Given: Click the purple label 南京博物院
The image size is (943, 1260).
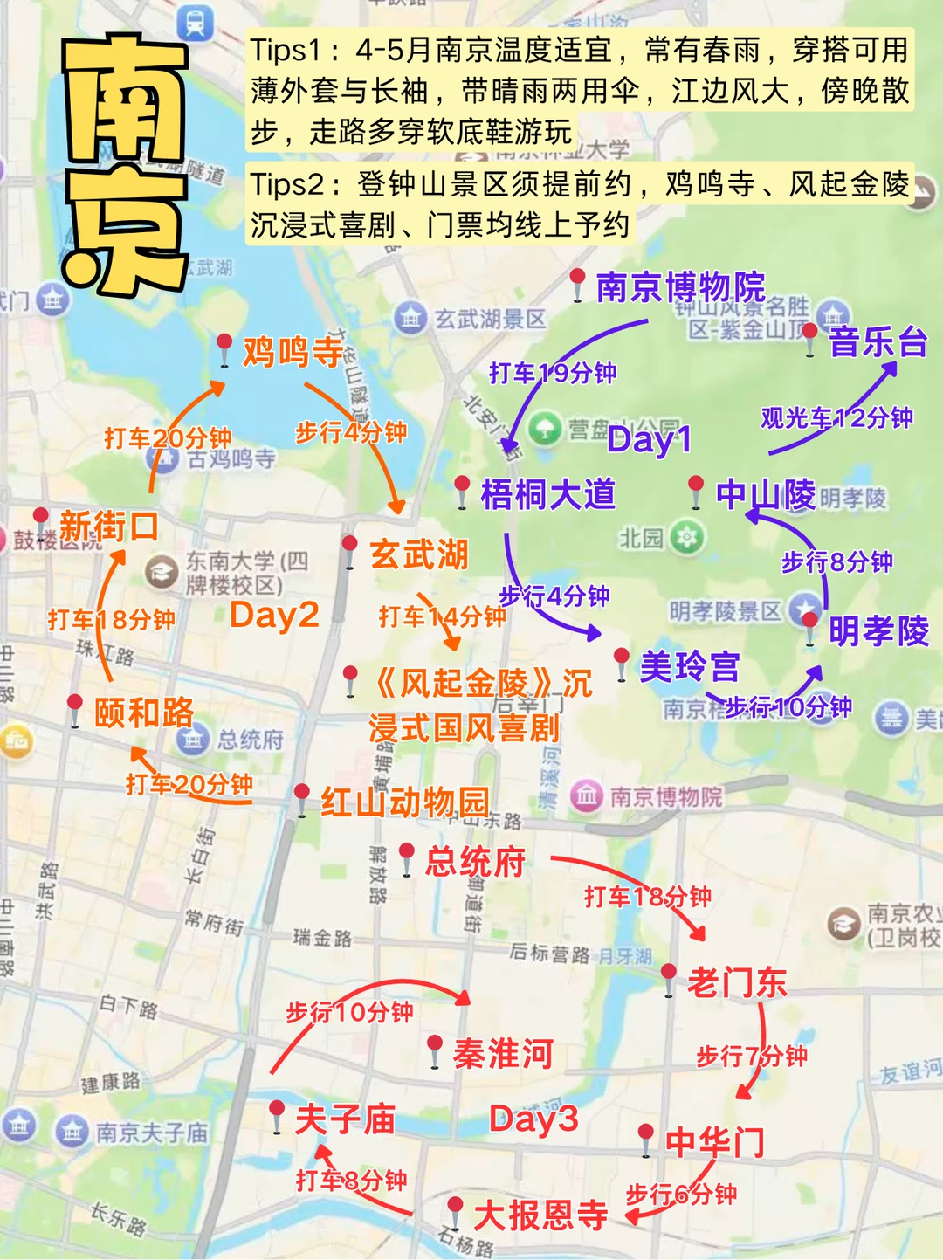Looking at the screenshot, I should pos(680,287).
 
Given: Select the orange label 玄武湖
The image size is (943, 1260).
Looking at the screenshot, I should pos(419,554).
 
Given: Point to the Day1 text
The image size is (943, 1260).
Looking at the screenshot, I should pos(650,439).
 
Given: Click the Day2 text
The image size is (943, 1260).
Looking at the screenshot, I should pos(274,615).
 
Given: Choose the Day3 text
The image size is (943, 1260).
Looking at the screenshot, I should pos(533,1119).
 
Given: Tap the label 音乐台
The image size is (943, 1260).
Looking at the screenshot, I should pos(878,341).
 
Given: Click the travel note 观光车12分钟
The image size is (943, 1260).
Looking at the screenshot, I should pos(836,418).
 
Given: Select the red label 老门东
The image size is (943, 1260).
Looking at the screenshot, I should pos(737,982).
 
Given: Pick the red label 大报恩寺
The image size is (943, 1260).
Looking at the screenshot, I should pos(540,1215).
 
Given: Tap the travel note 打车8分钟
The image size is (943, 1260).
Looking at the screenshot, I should pos(351,1181).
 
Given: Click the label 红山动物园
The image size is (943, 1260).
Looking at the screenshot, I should pos(405,802).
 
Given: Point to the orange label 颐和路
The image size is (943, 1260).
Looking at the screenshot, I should pos(144,713).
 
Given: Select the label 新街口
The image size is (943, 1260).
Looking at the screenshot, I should pos(109,527).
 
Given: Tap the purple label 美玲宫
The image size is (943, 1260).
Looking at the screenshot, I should pos(690,666).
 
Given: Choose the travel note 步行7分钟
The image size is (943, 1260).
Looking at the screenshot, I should pos(751,1056).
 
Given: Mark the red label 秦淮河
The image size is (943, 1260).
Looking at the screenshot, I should pos(503,1053).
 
